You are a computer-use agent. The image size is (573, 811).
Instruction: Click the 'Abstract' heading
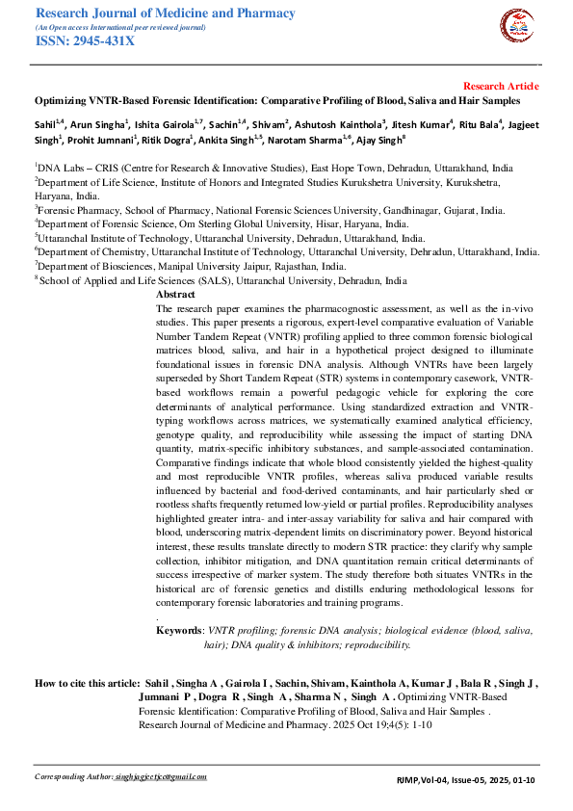click(175, 294)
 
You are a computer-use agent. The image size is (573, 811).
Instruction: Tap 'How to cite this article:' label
click(88, 682)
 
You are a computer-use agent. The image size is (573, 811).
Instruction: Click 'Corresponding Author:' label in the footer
click(72, 776)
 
